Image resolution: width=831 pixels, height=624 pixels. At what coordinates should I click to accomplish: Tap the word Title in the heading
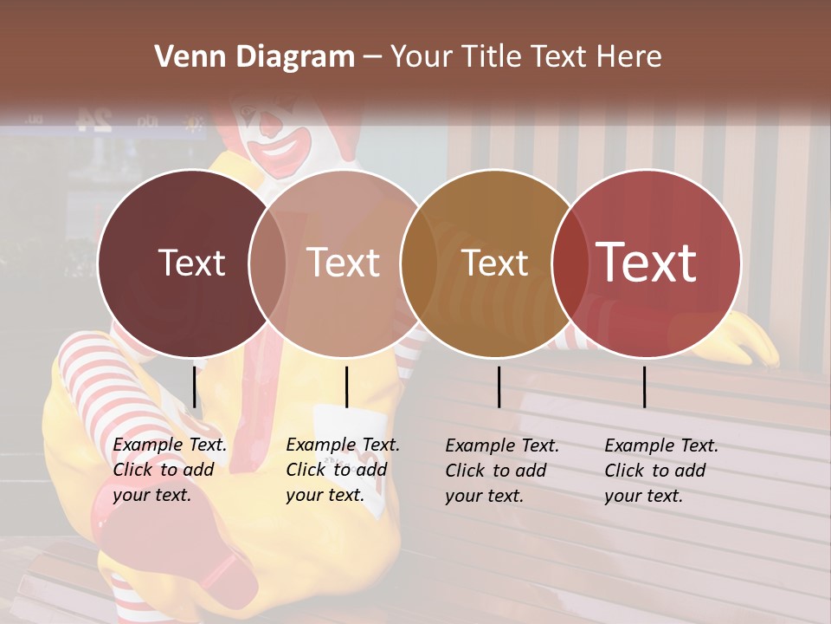tap(490, 57)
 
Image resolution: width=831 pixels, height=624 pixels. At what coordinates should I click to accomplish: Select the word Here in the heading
tap(630, 57)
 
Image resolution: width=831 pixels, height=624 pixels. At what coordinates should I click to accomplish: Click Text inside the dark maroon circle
tap(191, 263)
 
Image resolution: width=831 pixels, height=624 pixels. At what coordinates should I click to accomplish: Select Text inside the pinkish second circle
tap(343, 263)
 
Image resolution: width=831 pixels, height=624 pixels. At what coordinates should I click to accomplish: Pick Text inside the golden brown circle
tap(495, 263)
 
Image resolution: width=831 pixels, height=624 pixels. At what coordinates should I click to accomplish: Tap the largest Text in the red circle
tap(647, 263)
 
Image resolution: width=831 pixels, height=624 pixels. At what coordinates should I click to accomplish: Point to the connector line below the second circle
tap(346, 387)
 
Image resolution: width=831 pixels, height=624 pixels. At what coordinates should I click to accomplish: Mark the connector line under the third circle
tap(499, 387)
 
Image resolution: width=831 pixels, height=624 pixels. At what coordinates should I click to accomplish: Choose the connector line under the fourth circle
tap(644, 387)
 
